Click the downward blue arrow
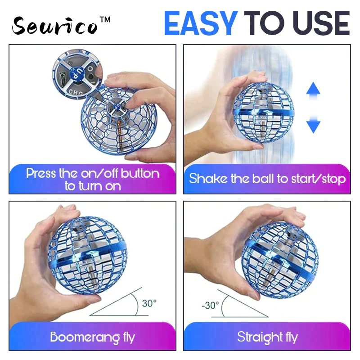(313, 124)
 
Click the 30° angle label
(149, 303)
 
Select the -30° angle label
(211, 306)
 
